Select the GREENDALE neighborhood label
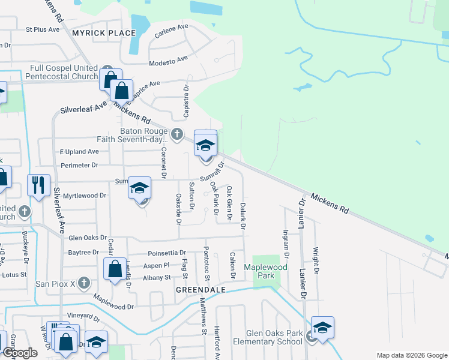tap(200, 289)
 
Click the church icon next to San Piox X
tap(84, 282)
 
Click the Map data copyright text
tap(411, 355)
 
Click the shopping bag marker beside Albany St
tap(114, 269)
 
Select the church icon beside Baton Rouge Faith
tap(176, 133)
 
